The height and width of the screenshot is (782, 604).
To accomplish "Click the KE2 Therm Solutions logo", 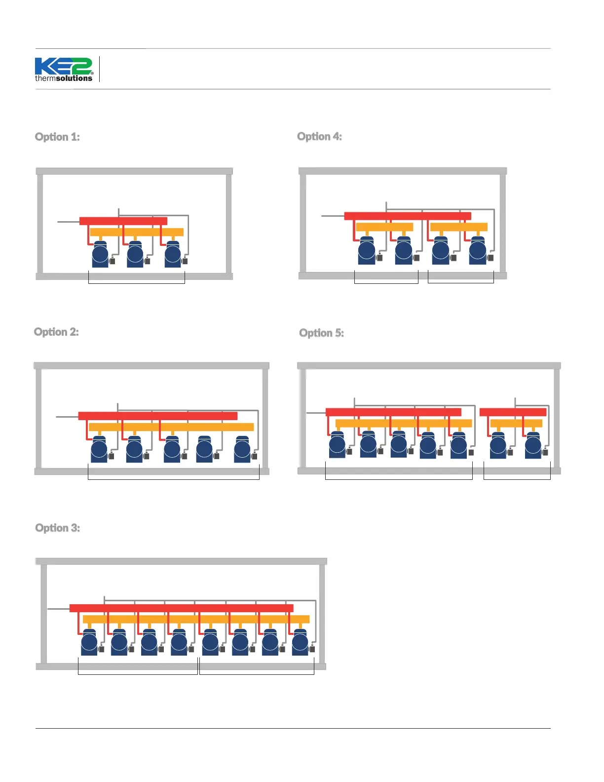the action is click(64, 69).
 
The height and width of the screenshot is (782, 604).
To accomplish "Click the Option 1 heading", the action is click(57, 137).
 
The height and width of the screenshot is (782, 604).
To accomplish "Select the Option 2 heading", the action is click(56, 332).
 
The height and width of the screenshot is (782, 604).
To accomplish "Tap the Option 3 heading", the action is click(57, 528).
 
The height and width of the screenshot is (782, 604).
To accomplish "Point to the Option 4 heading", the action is click(319, 136).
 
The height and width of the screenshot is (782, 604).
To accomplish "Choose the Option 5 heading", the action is click(321, 333).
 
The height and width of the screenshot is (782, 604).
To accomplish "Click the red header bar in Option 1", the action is click(123, 221).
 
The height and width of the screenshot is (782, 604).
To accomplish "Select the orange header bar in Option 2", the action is click(171, 427).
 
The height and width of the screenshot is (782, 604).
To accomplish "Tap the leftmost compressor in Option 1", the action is click(100, 255).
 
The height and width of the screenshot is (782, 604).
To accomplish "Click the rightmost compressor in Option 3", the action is click(300, 643).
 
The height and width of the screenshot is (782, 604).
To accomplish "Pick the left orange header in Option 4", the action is click(384, 227).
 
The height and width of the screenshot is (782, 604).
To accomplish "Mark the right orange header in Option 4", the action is click(458, 227).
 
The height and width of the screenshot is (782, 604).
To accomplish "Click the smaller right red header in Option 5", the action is click(513, 412).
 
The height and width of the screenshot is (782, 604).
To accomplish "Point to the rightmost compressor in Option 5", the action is click(533, 446).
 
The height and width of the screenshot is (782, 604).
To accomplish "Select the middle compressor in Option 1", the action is click(135, 255).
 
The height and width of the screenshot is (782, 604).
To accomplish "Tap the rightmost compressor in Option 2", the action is click(242, 449).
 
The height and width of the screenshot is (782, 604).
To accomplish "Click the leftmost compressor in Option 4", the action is click(367, 251).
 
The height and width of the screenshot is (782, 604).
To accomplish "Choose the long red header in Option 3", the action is click(181, 608).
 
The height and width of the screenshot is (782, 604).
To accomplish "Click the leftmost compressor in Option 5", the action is click(337, 445).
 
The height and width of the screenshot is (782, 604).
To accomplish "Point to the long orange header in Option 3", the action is click(196, 619).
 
